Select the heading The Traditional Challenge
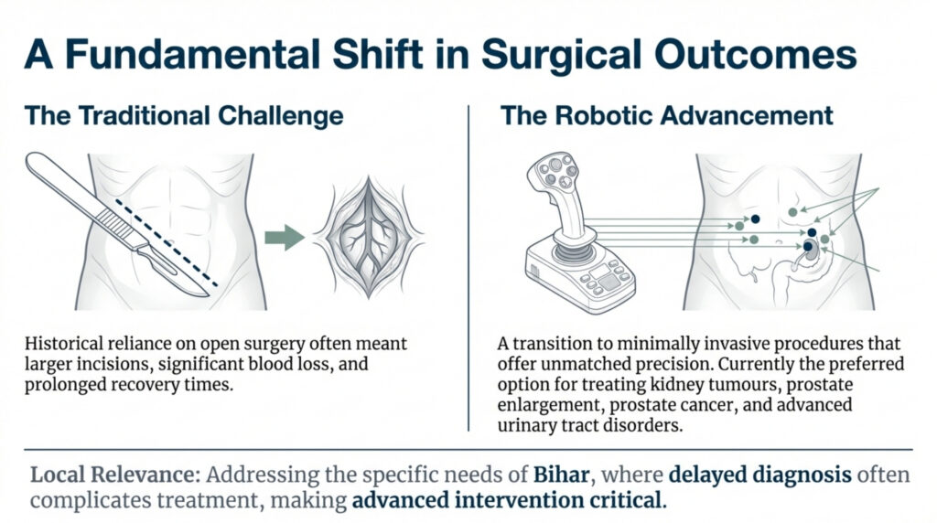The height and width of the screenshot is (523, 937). [184, 117]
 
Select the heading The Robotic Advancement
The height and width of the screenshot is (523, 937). [666, 117]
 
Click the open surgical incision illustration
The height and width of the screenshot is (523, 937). [369, 237]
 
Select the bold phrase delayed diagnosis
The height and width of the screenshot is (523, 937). [740, 475]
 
